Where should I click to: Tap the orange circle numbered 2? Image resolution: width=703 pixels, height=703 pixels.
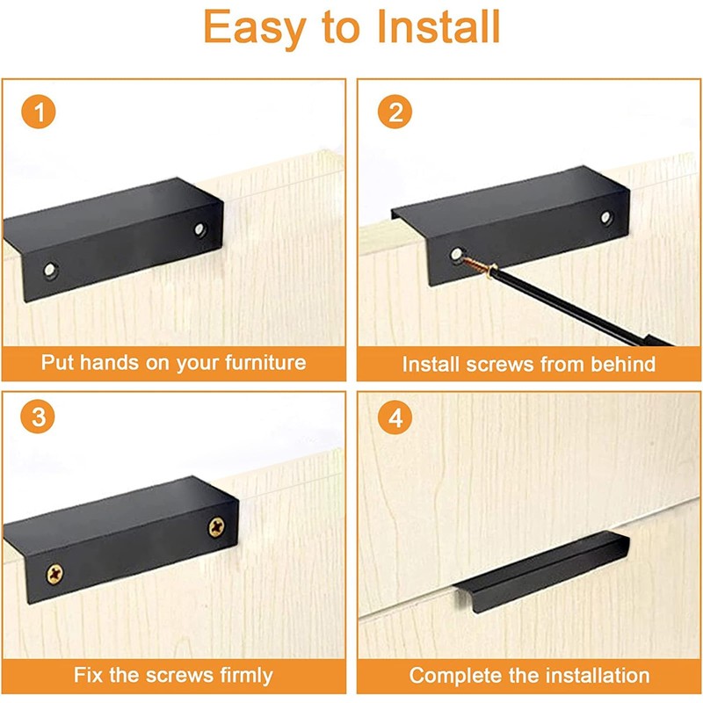coord(395,113)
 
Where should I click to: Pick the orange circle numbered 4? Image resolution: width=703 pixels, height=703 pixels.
coord(395,418)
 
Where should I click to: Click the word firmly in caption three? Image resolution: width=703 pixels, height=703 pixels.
coord(235,677)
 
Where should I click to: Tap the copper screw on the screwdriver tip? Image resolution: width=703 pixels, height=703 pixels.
coord(475,264)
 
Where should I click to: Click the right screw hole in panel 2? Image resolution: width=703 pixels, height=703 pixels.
coord(606,217)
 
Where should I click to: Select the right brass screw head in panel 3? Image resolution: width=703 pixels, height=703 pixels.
coord(215,526)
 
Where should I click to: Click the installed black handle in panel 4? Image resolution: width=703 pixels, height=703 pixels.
coord(536,571)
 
